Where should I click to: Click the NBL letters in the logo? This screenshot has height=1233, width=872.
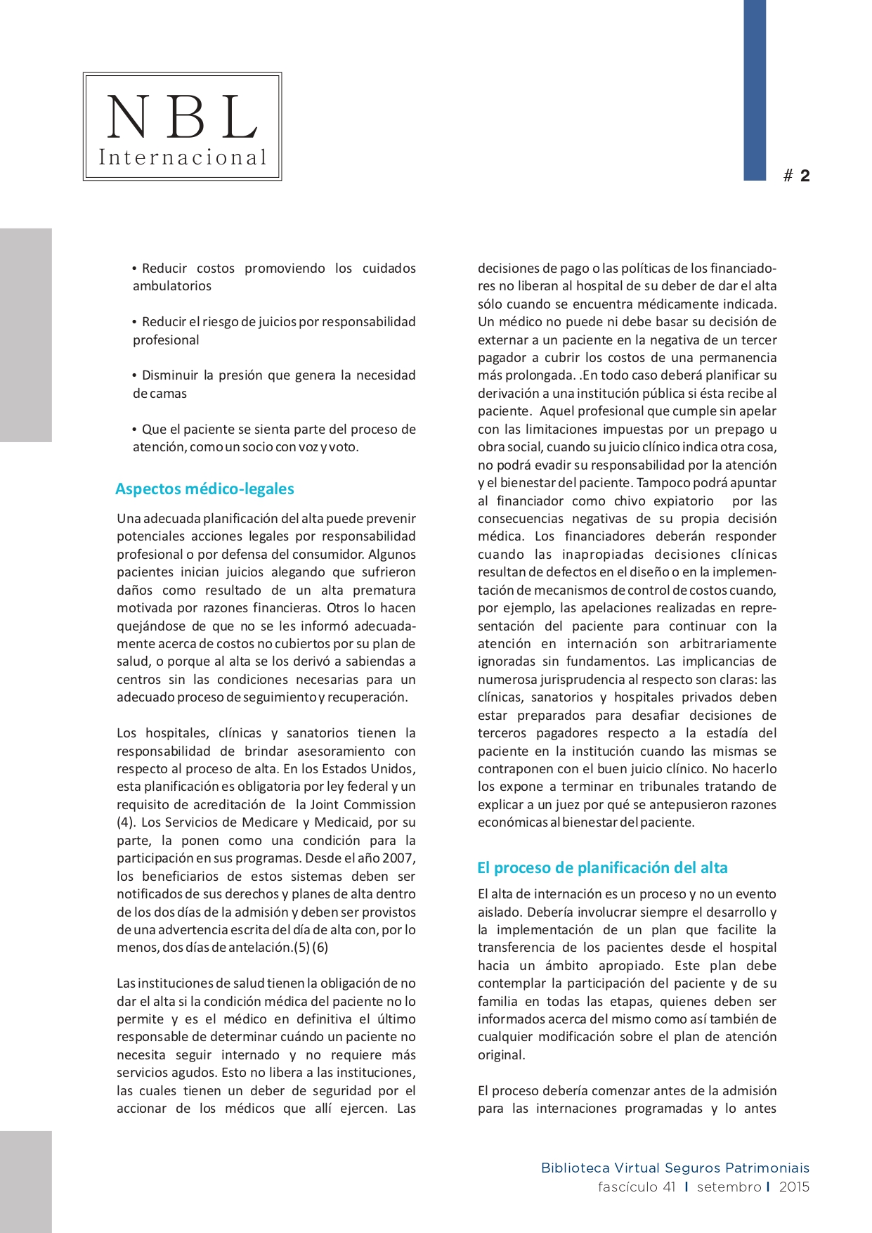point(182,117)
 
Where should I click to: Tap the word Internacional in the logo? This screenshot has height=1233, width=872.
point(183,157)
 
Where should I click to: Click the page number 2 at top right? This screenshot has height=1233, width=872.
point(805,176)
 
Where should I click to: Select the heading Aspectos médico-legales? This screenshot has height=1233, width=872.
point(204,489)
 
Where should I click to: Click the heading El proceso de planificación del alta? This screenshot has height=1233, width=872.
point(602,867)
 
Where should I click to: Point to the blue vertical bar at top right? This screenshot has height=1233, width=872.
point(755,90)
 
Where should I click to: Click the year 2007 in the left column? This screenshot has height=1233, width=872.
point(398,858)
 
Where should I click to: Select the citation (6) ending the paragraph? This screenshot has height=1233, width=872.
point(320,948)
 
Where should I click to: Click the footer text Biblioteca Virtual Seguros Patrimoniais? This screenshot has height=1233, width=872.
point(675,1168)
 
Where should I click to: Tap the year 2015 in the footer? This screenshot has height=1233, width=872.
point(794,1187)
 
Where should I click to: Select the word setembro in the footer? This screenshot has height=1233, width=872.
point(729,1187)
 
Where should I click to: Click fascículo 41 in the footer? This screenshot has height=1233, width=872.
point(637,1187)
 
